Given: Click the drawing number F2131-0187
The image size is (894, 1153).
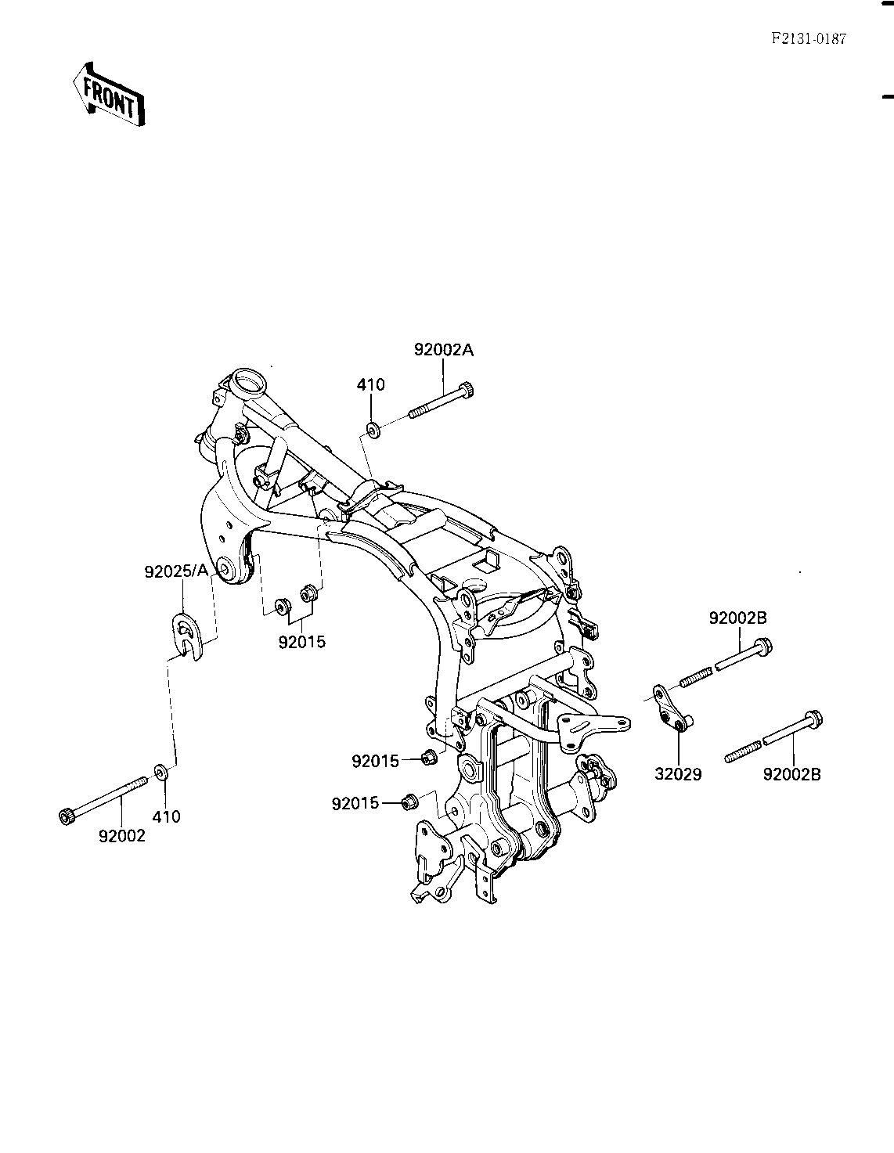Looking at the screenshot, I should pos(807,39).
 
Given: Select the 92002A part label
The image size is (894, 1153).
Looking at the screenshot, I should pos(444,351).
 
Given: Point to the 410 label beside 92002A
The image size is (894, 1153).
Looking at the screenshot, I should pos(370,385).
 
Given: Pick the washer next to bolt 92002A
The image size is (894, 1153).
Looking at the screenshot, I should pos(373,429).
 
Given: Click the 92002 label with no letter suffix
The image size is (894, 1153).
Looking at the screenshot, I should pos(122,836).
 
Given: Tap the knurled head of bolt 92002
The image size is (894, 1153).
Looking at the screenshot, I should pos(65,816).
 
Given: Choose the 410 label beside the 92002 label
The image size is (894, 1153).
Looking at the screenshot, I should pos(167,817).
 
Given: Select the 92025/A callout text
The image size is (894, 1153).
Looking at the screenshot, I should pos(176,572).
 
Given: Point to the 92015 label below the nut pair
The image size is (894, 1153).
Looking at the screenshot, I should pos(301,642).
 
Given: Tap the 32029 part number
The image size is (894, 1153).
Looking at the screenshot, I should pos(678,775).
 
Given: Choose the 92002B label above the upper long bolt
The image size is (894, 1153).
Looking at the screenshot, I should pos(738,618).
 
